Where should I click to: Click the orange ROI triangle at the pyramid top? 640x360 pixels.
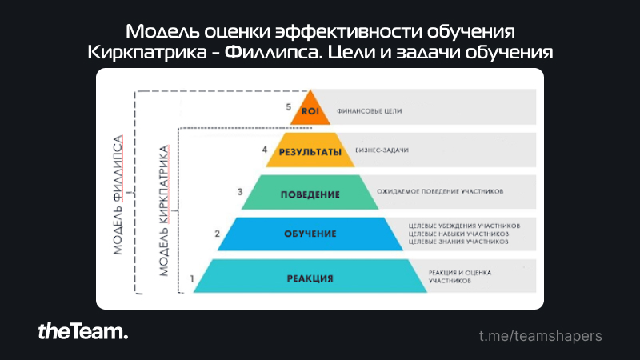[310, 111]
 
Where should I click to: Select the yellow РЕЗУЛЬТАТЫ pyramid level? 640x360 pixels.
[310, 150]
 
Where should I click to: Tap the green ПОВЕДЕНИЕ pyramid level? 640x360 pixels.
[310, 193]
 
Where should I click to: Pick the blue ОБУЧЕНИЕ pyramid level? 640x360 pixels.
[310, 234]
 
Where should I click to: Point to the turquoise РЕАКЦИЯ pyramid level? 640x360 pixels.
[310, 276]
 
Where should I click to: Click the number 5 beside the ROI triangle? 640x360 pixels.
[288, 107]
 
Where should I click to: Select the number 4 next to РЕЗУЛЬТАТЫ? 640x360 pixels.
[265, 150]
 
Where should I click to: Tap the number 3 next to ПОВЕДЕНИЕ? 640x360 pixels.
[240, 191]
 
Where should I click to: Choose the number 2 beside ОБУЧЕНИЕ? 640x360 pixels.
[217, 234]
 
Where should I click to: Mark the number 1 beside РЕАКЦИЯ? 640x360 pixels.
[192, 278]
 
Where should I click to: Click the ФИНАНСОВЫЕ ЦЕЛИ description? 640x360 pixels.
[369, 111]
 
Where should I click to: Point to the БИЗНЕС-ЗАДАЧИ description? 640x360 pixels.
[382, 150]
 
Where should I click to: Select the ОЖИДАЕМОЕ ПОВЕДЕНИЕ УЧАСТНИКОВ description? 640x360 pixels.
[440, 191]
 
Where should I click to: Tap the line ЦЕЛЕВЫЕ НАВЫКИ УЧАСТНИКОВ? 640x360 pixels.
[458, 234]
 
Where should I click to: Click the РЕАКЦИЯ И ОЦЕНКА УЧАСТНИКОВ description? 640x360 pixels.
[459, 277]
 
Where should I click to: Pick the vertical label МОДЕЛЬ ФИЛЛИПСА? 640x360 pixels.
[118, 195]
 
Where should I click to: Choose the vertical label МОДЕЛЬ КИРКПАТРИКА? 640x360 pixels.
[163, 210]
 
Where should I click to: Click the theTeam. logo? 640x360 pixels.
[83, 331]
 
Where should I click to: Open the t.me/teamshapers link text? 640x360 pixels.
[541, 336]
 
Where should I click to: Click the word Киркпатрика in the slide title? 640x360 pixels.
[147, 52]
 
